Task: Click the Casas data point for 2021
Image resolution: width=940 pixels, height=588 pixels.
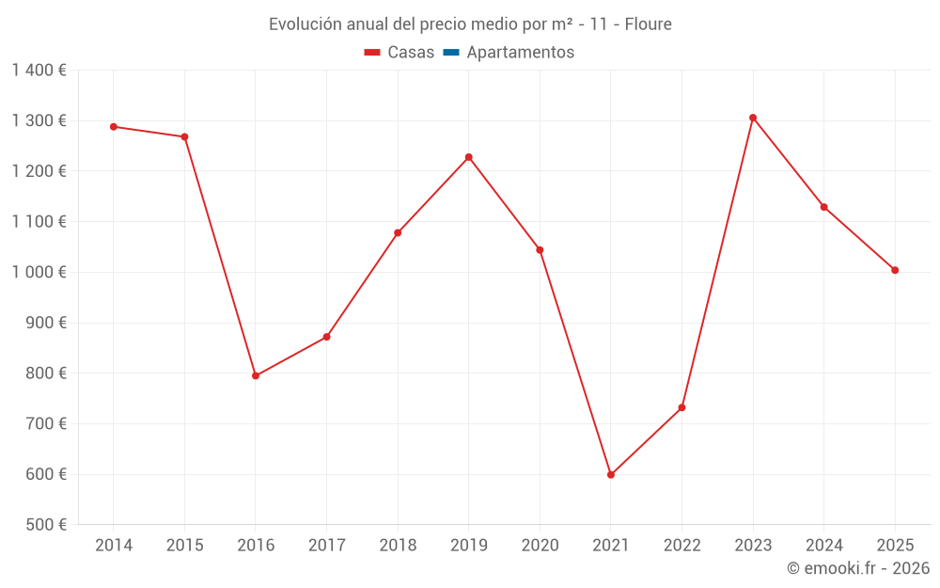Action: [611, 475]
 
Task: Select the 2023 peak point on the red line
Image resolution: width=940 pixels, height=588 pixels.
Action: [753, 118]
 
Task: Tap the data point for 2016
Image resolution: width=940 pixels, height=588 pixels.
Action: [256, 375]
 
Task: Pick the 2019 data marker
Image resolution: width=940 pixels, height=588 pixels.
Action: [469, 157]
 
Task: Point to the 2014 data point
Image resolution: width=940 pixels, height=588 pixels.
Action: [114, 126]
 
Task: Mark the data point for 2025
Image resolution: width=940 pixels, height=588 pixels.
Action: [895, 270]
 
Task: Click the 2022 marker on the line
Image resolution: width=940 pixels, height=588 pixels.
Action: [681, 407]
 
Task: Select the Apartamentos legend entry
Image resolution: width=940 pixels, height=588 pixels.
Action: [520, 53]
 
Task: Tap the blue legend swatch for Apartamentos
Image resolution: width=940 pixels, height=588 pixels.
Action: [450, 53]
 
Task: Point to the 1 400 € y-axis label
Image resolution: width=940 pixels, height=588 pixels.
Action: [39, 70]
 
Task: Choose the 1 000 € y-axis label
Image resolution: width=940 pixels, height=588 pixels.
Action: [39, 272]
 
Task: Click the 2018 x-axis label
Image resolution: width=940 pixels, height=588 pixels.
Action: [398, 546]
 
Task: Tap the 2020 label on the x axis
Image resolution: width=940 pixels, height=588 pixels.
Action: [540, 546]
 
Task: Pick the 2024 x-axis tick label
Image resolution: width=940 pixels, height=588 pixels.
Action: [823, 546]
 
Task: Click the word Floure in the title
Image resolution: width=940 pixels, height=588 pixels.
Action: [648, 24]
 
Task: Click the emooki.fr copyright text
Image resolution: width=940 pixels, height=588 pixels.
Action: [858, 568]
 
